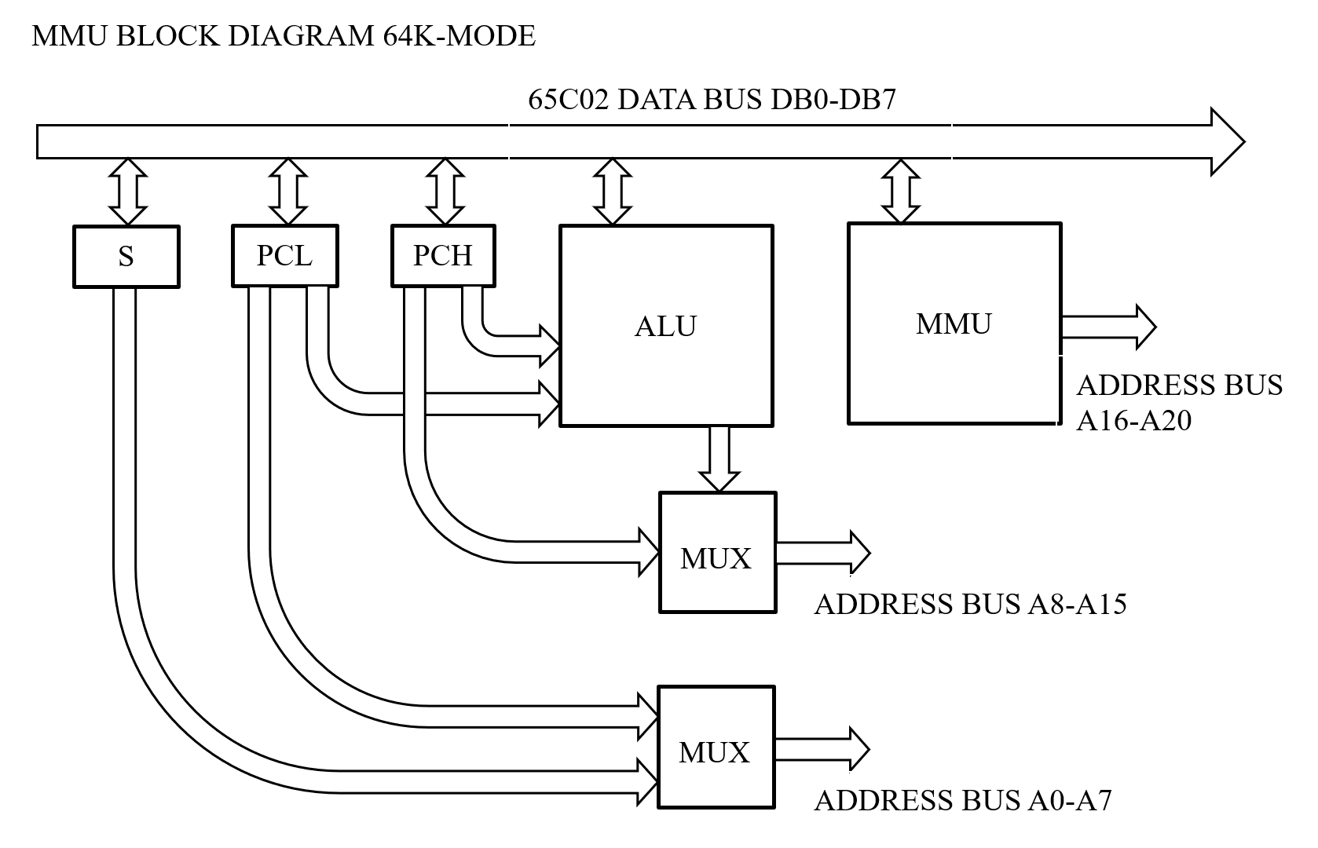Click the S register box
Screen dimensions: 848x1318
pyautogui.click(x=126, y=257)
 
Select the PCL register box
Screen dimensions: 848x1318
pyautogui.click(x=284, y=256)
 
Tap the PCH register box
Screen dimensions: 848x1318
pyautogui.click(x=443, y=256)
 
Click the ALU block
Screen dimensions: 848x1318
pyautogui.click(x=665, y=326)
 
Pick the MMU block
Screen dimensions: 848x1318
pyautogui.click(x=954, y=323)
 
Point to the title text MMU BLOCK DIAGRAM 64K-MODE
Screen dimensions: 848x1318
pyautogui.click(x=284, y=36)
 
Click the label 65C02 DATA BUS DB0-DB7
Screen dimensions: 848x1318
pyautogui.click(x=712, y=101)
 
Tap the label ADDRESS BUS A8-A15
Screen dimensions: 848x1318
pyautogui.click(x=970, y=604)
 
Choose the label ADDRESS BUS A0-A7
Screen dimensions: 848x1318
pyautogui.click(x=963, y=800)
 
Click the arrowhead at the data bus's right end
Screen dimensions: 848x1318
pyautogui.click(x=1226, y=142)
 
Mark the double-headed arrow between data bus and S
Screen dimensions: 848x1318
pyautogui.click(x=127, y=192)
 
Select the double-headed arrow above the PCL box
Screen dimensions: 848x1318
pyautogui.click(x=287, y=192)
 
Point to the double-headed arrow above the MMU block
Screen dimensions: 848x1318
pyautogui.click(x=900, y=192)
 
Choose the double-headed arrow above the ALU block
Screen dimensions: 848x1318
pyautogui.click(x=612, y=192)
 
